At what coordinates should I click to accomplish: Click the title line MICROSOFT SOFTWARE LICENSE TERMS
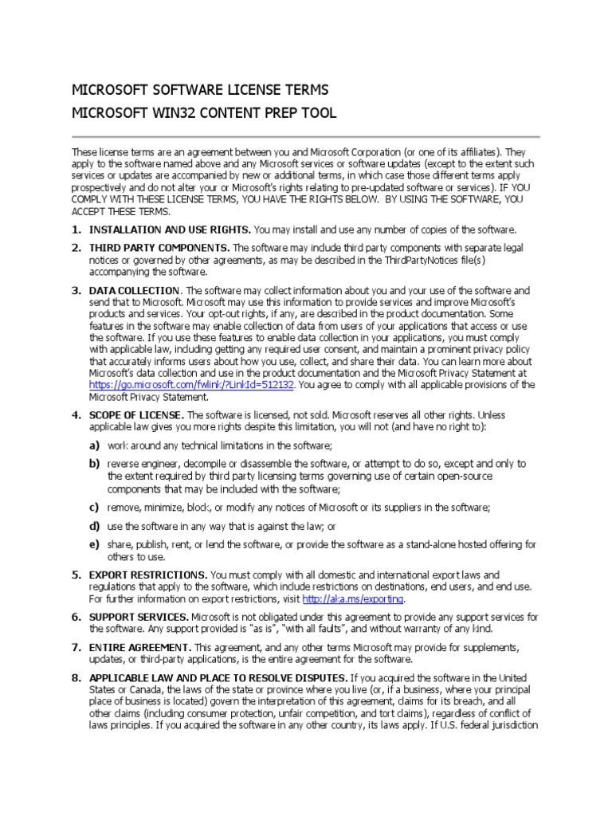coord(200,89)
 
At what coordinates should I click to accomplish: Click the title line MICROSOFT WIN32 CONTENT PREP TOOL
coord(204,113)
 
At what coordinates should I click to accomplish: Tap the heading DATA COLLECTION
coord(135,291)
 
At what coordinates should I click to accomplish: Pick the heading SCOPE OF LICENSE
coord(136,415)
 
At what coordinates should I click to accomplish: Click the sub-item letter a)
coord(94,445)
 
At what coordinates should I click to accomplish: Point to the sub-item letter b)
coord(94,463)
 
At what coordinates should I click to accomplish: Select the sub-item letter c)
coord(94,507)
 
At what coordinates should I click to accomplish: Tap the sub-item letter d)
coord(94,526)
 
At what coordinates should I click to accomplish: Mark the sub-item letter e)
coord(94,544)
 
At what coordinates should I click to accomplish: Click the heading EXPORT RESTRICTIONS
coord(149,574)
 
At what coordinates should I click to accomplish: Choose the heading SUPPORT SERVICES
coord(139,617)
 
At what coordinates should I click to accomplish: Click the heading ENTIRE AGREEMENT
coord(140,646)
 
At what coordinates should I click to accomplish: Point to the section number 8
coord(76,677)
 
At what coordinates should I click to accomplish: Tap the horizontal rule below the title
coord(306,136)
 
